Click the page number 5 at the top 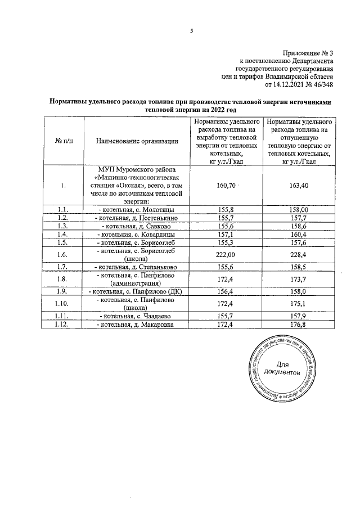point(191,31)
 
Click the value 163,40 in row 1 point(299,184)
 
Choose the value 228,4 point(299,254)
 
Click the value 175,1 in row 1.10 point(299,304)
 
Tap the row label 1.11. point(64,316)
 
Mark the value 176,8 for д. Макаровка point(299,325)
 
